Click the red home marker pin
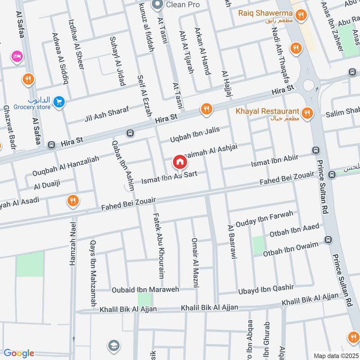[x=180, y=162]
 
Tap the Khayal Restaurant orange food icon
[x=308, y=113]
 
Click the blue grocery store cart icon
[x=58, y=103]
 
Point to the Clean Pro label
[x=182, y=5]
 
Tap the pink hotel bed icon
[x=18, y=56]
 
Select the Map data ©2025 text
[x=335, y=355]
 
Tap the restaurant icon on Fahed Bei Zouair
[x=73, y=201]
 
